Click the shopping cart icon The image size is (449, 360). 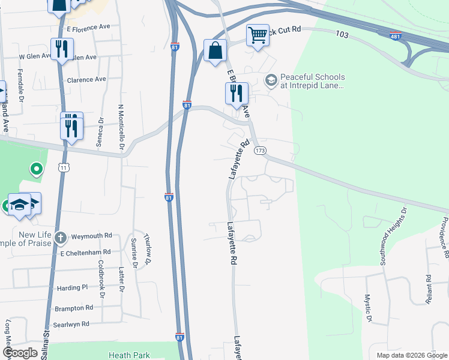coord(258,35)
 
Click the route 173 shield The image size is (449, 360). coord(260,150)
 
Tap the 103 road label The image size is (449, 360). coord(343,35)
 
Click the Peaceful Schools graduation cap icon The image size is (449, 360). coord(271,80)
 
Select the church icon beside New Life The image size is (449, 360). coord(60,238)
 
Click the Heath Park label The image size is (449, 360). coord(129,356)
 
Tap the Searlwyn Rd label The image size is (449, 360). coord(71,324)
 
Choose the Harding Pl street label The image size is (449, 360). coord(73,288)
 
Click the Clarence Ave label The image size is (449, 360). coord(86,79)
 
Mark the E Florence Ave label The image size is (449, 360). coord(89,28)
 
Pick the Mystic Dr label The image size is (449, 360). coord(369,307)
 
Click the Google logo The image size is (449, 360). coord(20,353)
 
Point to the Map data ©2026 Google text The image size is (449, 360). coord(411,355)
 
